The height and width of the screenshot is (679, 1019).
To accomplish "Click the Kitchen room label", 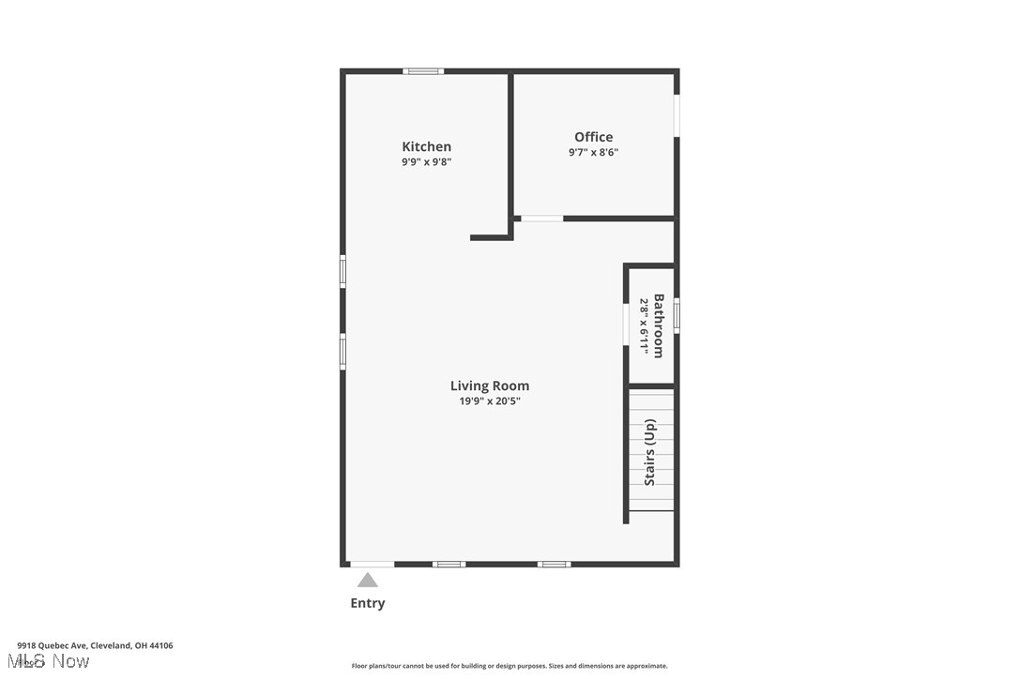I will (426, 146).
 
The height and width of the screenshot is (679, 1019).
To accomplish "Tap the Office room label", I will (593, 137).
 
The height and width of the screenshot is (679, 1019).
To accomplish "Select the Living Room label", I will (489, 385).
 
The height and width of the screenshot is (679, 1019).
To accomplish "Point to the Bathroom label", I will (659, 325).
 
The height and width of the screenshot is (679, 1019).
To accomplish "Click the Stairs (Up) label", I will (649, 452).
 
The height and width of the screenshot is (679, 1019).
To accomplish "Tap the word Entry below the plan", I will (367, 603).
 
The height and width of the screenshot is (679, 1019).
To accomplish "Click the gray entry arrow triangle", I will (367, 580).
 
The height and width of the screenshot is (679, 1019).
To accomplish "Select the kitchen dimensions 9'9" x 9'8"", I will (426, 162).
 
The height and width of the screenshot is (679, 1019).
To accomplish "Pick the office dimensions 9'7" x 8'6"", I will (593, 153).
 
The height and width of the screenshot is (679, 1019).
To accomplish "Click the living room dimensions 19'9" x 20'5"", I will (489, 401).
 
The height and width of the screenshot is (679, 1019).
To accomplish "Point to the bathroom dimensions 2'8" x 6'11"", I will (645, 325).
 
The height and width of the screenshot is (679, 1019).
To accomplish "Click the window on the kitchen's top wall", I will (423, 71).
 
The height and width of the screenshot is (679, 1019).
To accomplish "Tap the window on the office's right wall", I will (676, 117).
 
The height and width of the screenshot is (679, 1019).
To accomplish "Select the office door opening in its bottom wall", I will (541, 219).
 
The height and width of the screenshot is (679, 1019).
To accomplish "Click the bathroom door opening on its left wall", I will (626, 324).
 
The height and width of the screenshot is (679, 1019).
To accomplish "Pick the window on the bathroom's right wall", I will (676, 315).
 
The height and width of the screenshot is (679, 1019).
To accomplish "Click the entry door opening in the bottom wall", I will (372, 564).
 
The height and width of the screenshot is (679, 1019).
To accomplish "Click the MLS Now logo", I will (53, 661).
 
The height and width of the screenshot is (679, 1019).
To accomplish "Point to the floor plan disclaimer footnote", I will (509, 666).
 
